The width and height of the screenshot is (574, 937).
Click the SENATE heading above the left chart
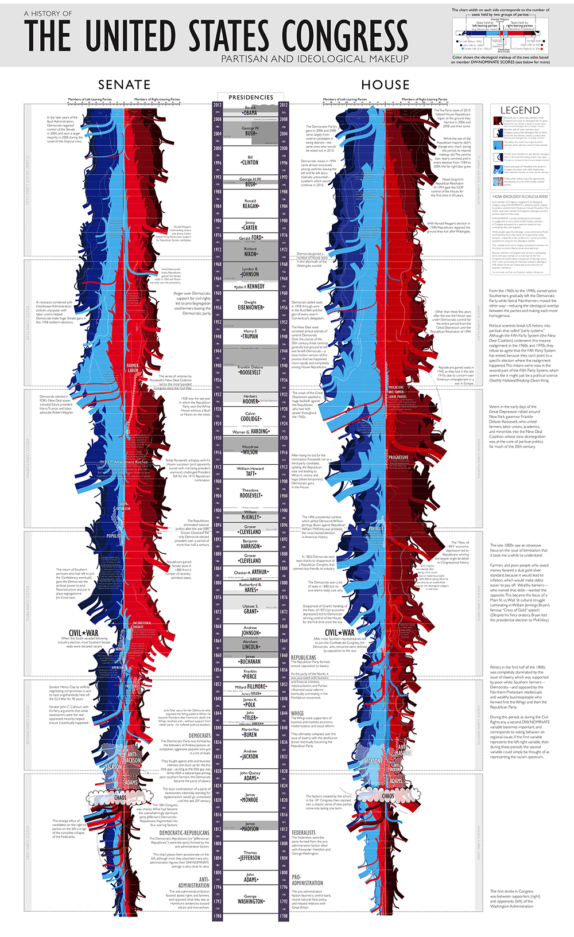[124, 85]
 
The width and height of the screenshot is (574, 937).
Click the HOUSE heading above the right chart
[385, 85]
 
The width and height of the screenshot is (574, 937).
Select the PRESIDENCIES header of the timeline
[251, 98]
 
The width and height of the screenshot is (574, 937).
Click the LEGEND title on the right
[520, 110]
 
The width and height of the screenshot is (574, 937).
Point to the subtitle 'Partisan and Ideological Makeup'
[315, 59]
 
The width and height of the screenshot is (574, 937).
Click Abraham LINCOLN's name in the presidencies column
[250, 644]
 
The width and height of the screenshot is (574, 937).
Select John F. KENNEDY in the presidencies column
[250, 286]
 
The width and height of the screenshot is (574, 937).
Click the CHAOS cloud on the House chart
[389, 796]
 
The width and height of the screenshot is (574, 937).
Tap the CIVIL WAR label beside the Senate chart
[84, 633]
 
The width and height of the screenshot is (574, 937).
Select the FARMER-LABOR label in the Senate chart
[133, 368]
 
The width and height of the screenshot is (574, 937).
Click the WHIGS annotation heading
[297, 714]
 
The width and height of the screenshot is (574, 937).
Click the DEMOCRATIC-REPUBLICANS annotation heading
[184, 833]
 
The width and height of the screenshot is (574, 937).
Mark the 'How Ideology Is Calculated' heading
[520, 196]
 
